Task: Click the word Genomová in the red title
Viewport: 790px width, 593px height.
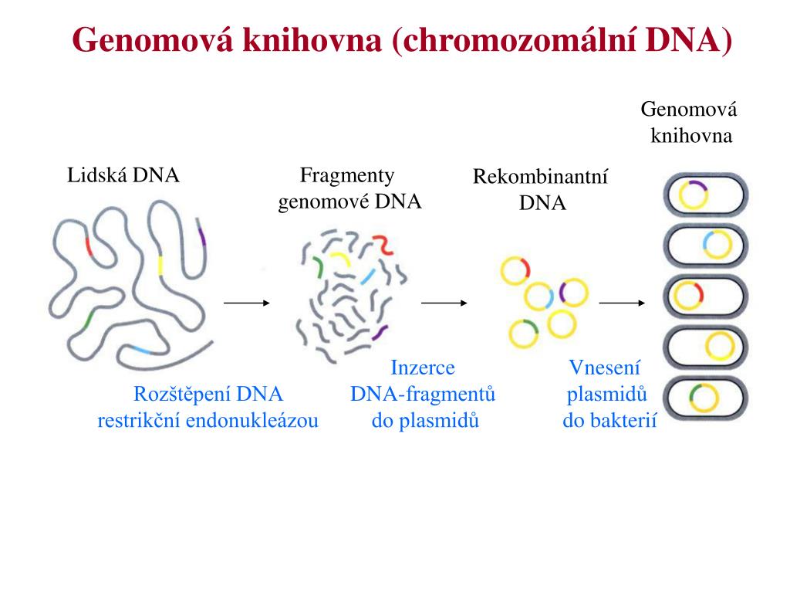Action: click(x=154, y=39)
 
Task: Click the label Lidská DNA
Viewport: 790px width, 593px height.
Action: click(x=123, y=175)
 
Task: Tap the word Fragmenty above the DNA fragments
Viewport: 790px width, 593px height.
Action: click(x=347, y=175)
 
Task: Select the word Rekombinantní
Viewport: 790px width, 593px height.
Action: click(x=541, y=178)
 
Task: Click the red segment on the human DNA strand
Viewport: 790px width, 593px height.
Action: click(x=89, y=247)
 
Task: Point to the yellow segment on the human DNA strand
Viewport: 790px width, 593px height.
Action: click(x=160, y=265)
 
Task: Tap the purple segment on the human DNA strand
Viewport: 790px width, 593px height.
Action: click(x=202, y=233)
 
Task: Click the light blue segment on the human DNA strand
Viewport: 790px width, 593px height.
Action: click(x=140, y=351)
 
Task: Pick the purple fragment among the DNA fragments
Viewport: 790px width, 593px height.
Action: click(x=378, y=334)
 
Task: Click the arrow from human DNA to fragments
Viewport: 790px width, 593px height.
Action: click(x=246, y=303)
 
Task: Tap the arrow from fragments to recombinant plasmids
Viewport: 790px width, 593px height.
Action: click(x=444, y=303)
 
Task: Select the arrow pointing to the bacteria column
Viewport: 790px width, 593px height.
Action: click(x=621, y=303)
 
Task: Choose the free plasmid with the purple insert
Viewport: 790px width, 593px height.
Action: click(x=573, y=293)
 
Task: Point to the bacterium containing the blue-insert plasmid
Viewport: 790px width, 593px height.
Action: click(x=706, y=246)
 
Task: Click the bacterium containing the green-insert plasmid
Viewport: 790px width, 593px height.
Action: click(x=706, y=398)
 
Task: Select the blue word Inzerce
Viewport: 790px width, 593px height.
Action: click(x=423, y=368)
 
